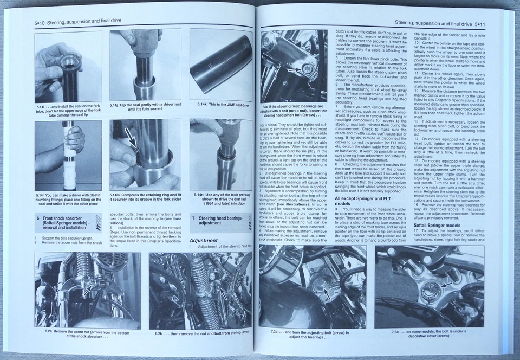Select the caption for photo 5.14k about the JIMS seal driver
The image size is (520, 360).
tap(223, 104)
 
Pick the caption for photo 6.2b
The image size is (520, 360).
tap(199, 331)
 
